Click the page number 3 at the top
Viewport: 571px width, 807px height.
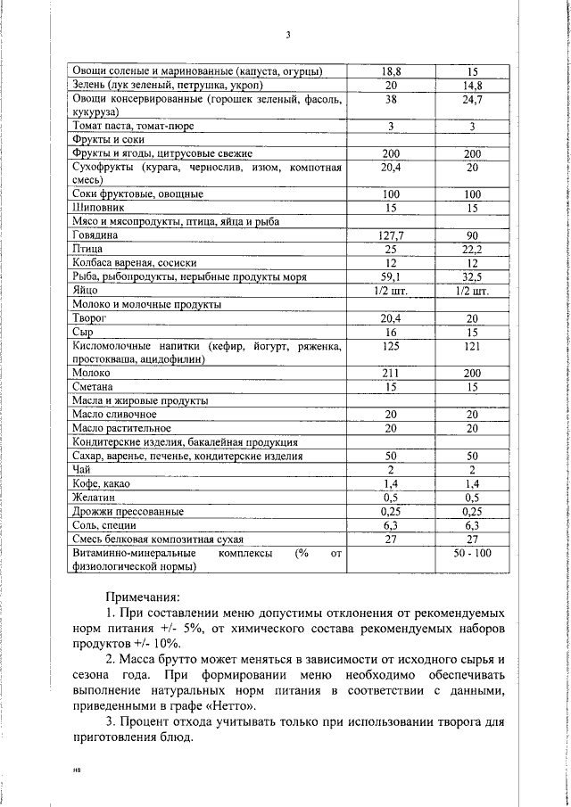(x=288, y=36)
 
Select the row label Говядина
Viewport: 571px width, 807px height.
(x=95, y=235)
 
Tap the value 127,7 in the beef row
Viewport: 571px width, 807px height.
(x=390, y=235)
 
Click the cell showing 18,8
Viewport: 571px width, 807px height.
(x=390, y=71)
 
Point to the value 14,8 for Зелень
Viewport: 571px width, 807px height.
(x=472, y=86)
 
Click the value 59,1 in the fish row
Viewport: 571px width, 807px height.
(x=390, y=276)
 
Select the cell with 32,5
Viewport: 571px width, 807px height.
(x=472, y=276)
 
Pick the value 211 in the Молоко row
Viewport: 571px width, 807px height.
(x=390, y=373)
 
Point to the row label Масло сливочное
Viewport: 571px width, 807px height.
(x=114, y=415)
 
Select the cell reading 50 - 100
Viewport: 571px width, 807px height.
(x=472, y=554)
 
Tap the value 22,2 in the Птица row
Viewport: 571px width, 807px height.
(x=472, y=249)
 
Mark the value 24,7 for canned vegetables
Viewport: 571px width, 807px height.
(x=472, y=100)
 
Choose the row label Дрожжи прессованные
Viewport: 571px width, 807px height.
(x=128, y=512)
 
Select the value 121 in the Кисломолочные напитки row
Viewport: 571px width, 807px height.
(x=472, y=345)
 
